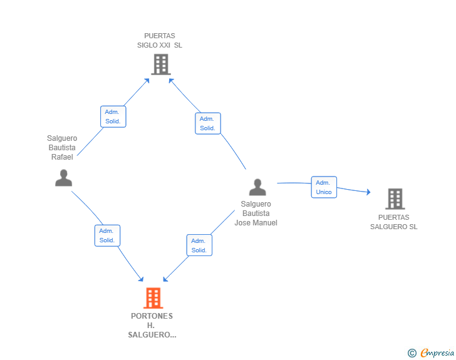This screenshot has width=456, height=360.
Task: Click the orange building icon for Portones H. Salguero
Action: pyautogui.click(x=153, y=298)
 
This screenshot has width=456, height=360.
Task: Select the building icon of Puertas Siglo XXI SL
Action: pyautogui.click(x=161, y=64)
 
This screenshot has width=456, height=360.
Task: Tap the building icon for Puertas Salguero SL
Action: pyautogui.click(x=395, y=199)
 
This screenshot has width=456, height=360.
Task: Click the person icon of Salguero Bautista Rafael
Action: pyautogui.click(x=64, y=178)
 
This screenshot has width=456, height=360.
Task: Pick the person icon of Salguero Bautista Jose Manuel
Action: pyautogui.click(x=257, y=187)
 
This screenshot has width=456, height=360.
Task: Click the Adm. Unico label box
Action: pyautogui.click(x=324, y=187)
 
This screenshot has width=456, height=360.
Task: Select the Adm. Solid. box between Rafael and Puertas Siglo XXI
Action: pyautogui.click(x=113, y=116)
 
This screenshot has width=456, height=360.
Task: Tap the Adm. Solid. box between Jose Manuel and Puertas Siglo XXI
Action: pyautogui.click(x=208, y=123)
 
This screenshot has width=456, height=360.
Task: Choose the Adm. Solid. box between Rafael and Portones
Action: pyautogui.click(x=107, y=235)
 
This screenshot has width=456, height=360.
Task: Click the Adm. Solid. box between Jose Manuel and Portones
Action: pyautogui.click(x=199, y=245)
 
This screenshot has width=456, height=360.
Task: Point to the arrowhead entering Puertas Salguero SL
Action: pyautogui.click(x=368, y=192)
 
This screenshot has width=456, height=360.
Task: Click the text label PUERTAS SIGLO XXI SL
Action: pyautogui.click(x=160, y=41)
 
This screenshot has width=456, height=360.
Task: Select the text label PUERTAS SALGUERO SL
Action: pyautogui.click(x=394, y=222)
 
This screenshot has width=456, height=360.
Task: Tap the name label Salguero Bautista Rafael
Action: pyautogui.click(x=62, y=147)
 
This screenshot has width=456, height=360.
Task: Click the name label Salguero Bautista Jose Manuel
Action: pyautogui.click(x=256, y=213)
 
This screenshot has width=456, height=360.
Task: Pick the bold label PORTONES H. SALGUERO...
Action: pyautogui.click(x=152, y=326)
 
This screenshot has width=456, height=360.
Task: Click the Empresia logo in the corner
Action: pyautogui.click(x=437, y=352)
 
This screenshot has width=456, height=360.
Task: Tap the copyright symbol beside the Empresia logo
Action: pyautogui.click(x=412, y=353)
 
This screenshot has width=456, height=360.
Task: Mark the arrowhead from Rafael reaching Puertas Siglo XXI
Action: pyautogui.click(x=147, y=81)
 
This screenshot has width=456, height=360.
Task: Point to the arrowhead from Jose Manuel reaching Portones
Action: pyautogui.click(x=165, y=279)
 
